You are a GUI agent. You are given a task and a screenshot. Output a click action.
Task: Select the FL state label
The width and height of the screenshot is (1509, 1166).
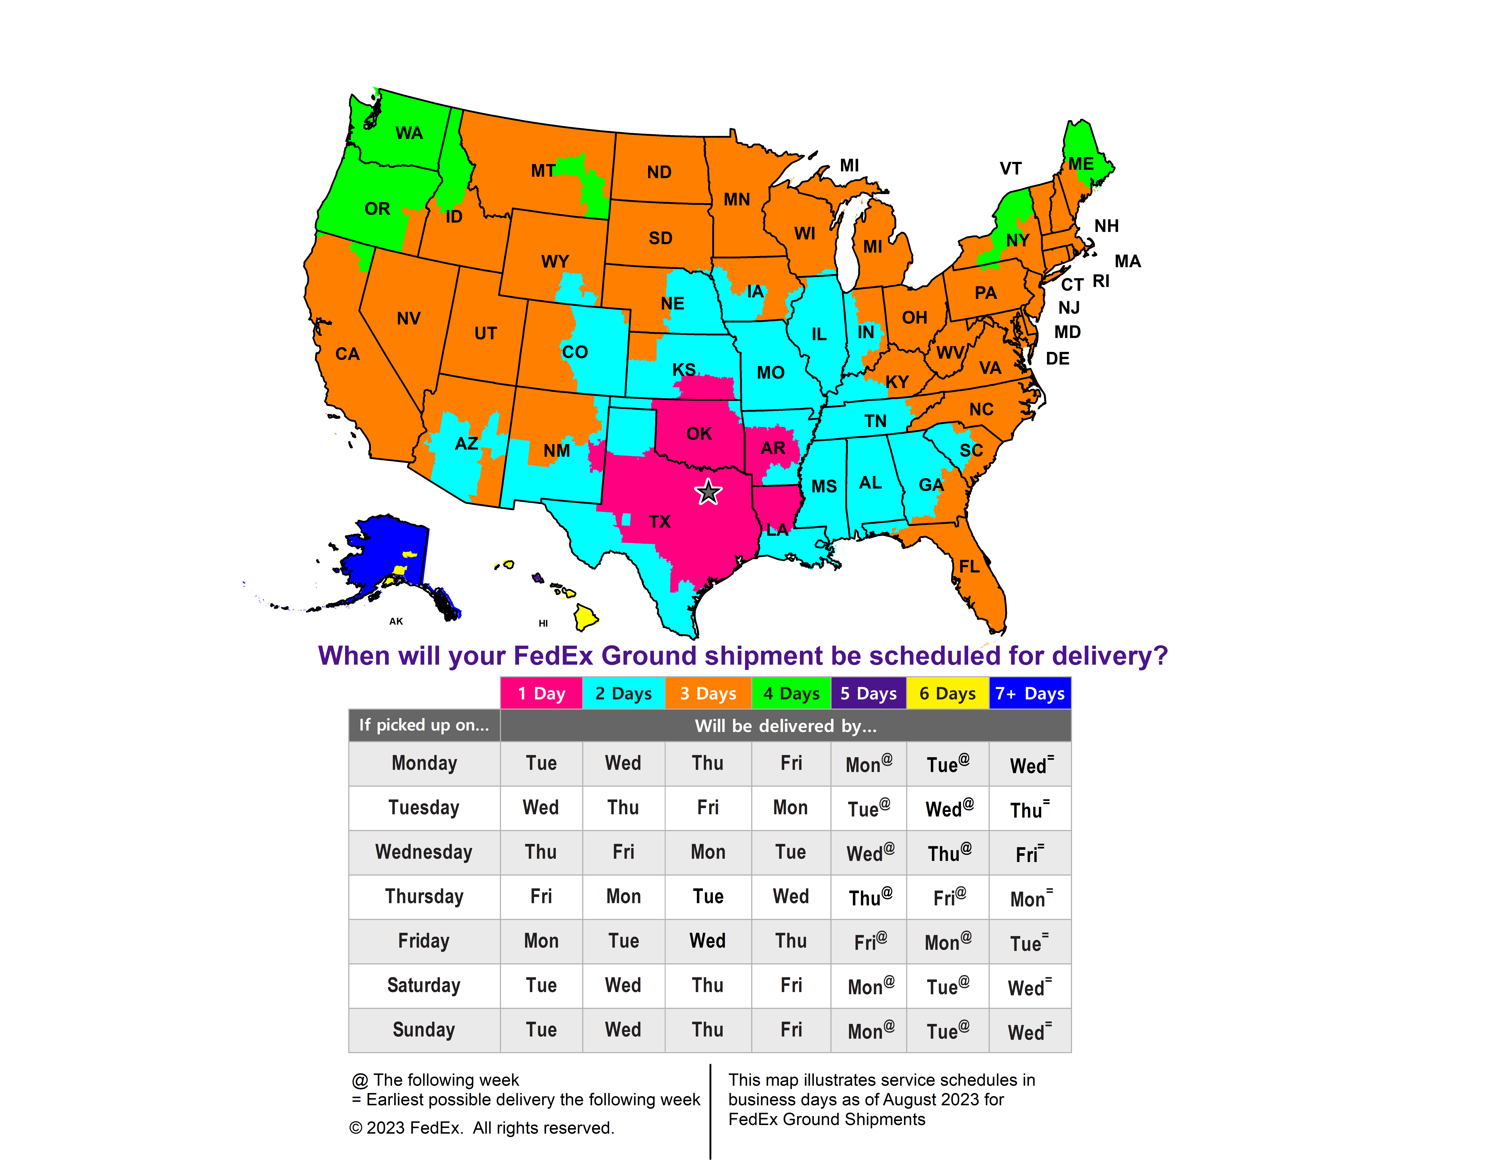coord(969,566)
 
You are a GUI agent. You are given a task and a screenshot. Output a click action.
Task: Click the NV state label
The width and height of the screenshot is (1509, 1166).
coord(408,318)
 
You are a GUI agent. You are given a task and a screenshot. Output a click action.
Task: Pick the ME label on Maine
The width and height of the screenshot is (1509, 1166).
coord(1081,164)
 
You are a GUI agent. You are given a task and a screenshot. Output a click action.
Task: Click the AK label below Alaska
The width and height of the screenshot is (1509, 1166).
coord(396,621)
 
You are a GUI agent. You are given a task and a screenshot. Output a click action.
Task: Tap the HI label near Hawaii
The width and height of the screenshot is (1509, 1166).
coord(543,623)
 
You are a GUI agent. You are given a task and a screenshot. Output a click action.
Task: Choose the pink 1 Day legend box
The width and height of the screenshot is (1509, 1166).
coord(541,693)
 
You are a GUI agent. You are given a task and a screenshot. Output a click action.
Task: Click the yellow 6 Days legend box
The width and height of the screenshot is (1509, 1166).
coord(947,693)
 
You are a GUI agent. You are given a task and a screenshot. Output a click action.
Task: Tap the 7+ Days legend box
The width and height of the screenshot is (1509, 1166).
coord(1029,693)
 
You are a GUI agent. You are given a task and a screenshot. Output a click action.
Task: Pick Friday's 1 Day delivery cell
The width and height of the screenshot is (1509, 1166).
coord(541,941)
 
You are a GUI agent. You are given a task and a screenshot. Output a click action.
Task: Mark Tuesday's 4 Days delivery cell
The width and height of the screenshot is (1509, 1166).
coord(790,808)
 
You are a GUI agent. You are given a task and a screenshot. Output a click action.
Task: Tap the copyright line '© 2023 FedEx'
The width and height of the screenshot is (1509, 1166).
coord(482,1128)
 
